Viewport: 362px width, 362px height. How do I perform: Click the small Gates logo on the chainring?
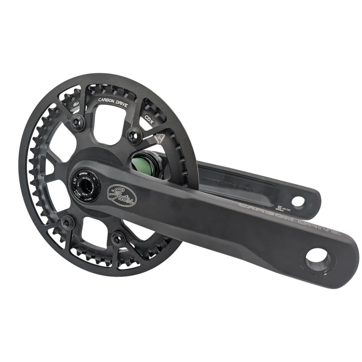point(76,103)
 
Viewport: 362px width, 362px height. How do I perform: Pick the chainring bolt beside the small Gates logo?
point(77,121)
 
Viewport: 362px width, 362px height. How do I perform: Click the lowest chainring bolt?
point(118,237)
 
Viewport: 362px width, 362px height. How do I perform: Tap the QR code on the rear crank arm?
point(279,207)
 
